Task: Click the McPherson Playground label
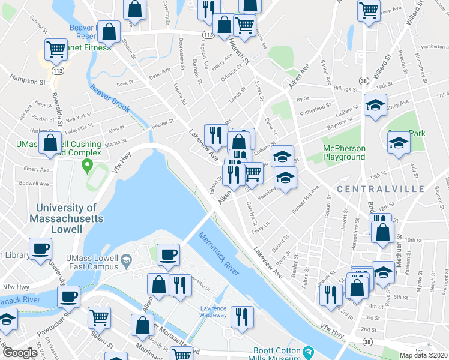tap(344, 152)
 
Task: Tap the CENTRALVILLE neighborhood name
tap(381, 189)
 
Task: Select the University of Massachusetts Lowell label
tap(67, 218)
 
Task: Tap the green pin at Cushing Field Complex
tap(87, 164)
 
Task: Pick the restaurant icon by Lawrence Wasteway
tap(242, 316)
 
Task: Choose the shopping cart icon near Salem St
tap(100, 316)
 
